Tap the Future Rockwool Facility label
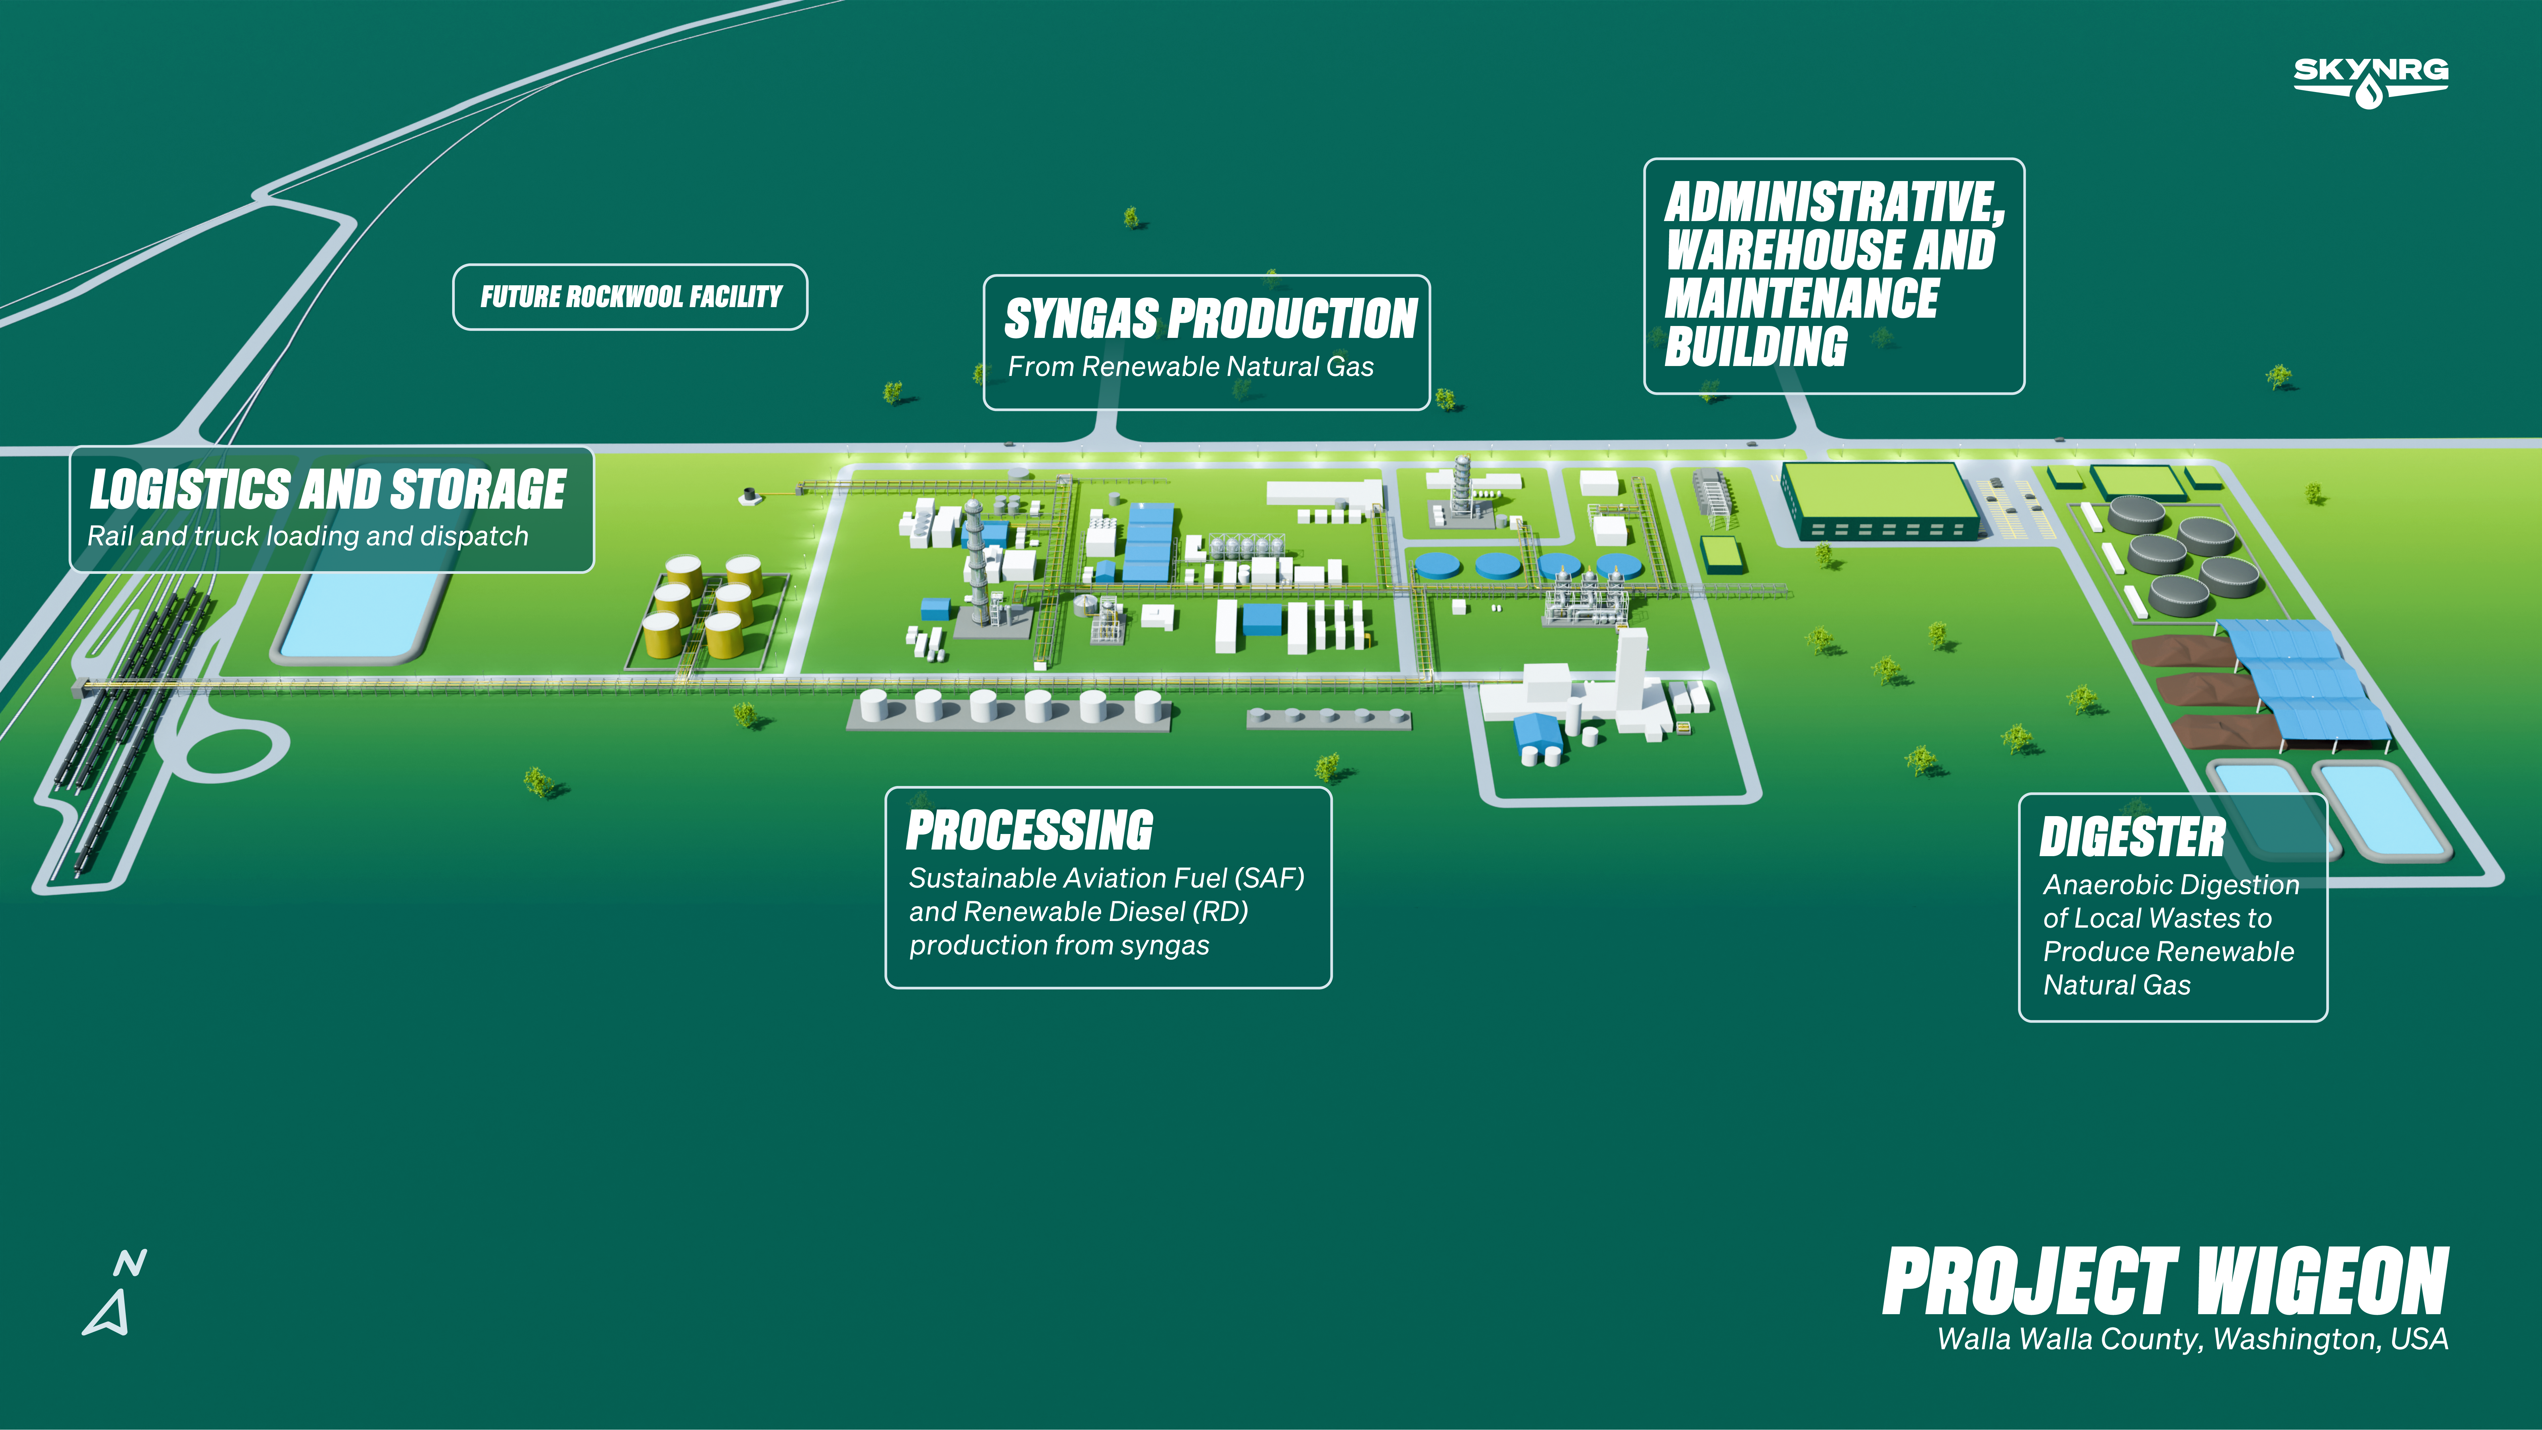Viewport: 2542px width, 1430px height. (631, 297)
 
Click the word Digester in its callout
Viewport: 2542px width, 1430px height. (2133, 837)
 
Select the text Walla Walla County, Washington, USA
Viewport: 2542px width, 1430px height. (2193, 1339)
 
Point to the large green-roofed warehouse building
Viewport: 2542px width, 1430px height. (1880, 500)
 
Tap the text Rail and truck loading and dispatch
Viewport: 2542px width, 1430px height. (308, 536)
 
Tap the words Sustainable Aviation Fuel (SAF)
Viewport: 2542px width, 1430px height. (1106, 878)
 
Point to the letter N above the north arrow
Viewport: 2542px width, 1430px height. (130, 1263)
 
